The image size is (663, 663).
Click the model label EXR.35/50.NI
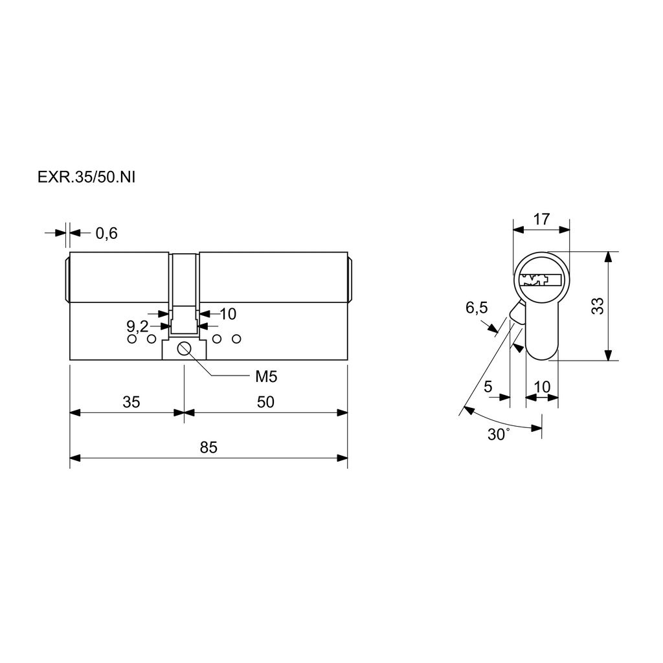(86, 177)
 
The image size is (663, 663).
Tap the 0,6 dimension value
(107, 233)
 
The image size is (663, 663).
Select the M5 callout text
(266, 376)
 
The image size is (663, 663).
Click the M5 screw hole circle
(185, 349)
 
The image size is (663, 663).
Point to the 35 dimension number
(131, 401)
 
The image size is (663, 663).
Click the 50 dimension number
(265, 401)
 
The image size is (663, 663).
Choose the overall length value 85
(208, 447)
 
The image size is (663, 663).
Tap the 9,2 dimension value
(137, 326)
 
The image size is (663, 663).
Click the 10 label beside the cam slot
(228, 314)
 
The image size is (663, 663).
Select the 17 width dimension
(541, 219)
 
